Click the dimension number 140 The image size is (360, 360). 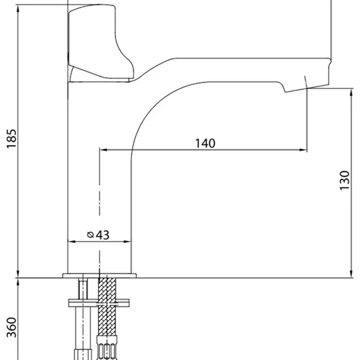[x=205, y=143]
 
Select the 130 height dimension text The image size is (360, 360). [x=344, y=179]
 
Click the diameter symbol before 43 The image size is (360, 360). [x=91, y=235]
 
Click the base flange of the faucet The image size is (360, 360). [x=100, y=275]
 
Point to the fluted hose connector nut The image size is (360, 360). [x=106, y=352]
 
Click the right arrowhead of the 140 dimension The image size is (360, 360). [x=304, y=150]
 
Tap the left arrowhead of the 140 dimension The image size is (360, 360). [x=103, y=150]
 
